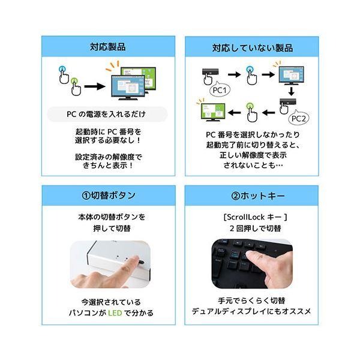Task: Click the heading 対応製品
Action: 108,47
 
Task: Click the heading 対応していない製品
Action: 253,48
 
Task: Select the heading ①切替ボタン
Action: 109,196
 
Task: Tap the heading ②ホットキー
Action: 258,196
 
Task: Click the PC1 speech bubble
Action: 220,90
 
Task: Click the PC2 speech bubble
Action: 298,118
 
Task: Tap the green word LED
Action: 115,313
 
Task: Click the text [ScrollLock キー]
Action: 256,217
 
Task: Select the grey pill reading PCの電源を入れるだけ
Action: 107,114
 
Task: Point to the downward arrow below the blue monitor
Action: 292,91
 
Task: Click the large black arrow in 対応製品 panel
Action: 95,86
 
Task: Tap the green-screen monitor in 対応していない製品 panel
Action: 213,112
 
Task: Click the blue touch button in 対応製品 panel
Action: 62,69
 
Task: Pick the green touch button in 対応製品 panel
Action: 74,81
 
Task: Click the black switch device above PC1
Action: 210,71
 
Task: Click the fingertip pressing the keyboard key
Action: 250,254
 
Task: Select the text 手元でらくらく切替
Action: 251,301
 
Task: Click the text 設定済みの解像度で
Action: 109,157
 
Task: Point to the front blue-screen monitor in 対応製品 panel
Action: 128,88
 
